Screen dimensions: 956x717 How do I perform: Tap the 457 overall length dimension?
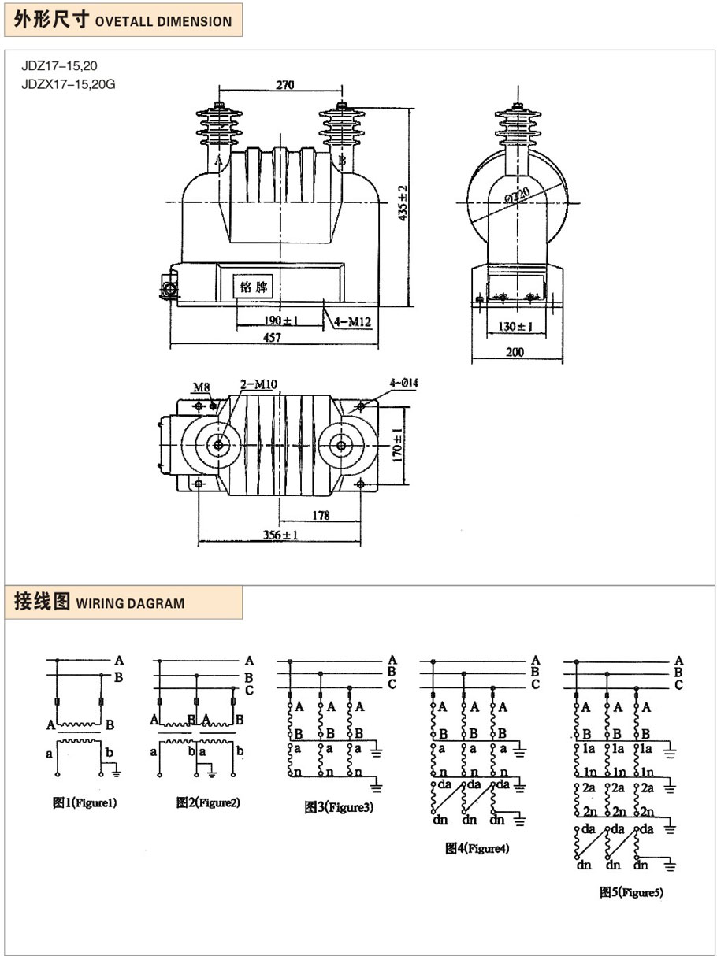click(x=273, y=336)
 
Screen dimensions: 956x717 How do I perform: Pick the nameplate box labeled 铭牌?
click(x=254, y=287)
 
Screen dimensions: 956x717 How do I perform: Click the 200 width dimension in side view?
click(x=515, y=352)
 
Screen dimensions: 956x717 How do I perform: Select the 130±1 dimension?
click(x=516, y=325)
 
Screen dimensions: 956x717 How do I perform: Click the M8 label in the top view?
click(x=202, y=387)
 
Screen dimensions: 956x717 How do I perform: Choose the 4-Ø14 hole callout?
click(x=403, y=383)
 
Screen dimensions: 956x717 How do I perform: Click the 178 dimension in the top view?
click(x=320, y=515)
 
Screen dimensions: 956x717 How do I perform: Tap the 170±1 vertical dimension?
click(x=399, y=446)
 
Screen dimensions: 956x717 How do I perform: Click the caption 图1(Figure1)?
click(x=84, y=803)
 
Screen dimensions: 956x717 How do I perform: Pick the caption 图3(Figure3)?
click(x=339, y=806)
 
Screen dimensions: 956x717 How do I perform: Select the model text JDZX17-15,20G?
click(x=68, y=84)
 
